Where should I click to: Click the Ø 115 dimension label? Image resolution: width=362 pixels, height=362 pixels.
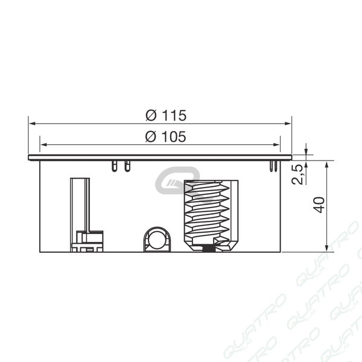(x=166, y=115)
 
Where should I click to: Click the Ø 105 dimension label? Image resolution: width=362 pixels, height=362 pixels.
(x=165, y=136)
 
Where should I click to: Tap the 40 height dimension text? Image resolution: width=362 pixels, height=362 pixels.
(x=319, y=205)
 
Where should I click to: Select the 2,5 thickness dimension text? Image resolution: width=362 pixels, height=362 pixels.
(x=297, y=174)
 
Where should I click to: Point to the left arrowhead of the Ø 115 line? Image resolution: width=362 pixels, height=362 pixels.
(x=33, y=124)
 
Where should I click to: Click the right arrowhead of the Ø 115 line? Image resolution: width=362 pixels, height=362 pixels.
(x=288, y=124)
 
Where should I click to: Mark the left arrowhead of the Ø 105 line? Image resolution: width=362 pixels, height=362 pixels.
(x=44, y=145)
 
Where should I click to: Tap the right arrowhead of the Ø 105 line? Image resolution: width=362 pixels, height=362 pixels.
(x=276, y=145)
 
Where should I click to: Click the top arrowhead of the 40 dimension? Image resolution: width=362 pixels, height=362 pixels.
(x=326, y=165)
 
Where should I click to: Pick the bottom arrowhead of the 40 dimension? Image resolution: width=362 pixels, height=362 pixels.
(x=326, y=248)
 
